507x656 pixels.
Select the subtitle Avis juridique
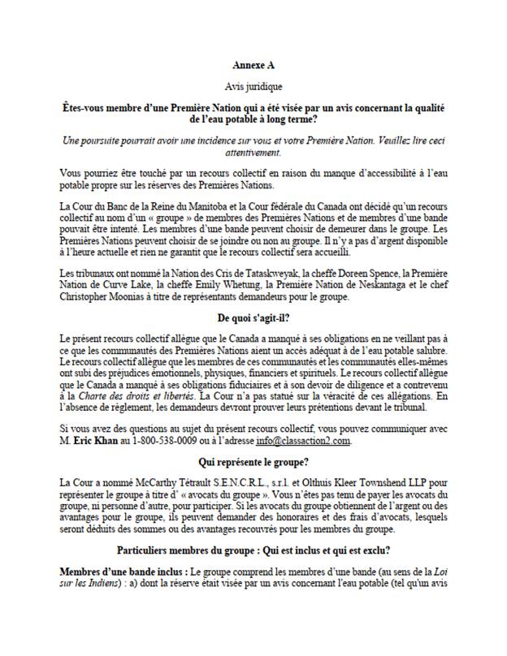pos(253,85)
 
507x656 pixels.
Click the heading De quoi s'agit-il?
pos(253,317)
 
